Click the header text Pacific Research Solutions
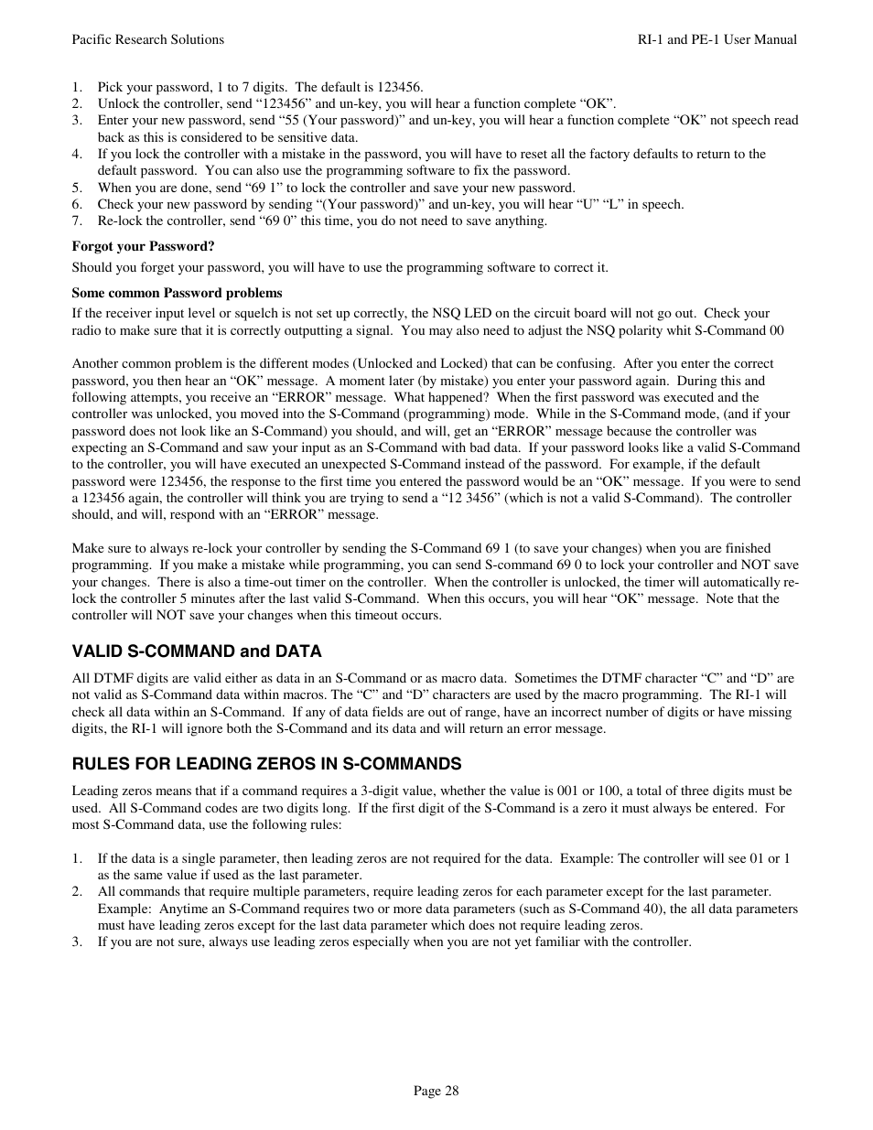point(147,39)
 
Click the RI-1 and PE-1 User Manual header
point(717,39)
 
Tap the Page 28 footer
point(436,1090)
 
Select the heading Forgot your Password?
point(143,246)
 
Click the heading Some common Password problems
point(177,293)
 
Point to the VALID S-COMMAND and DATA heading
point(197,651)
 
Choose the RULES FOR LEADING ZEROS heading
point(266,764)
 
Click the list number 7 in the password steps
point(77,221)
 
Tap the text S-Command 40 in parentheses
point(604,909)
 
